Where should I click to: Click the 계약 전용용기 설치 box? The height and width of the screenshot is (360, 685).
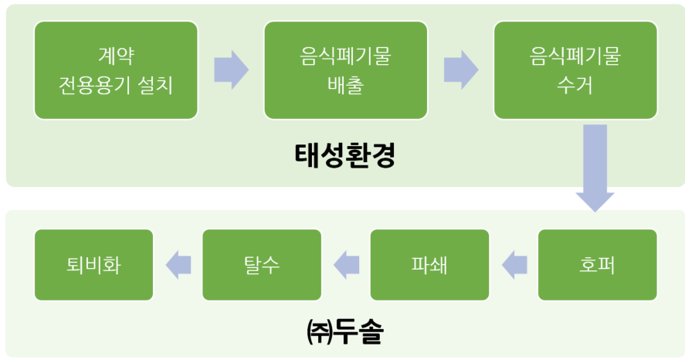pyautogui.click(x=116, y=70)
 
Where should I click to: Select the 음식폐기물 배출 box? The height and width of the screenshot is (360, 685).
pyautogui.click(x=345, y=70)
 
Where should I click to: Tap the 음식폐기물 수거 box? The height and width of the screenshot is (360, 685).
pyautogui.click(x=575, y=70)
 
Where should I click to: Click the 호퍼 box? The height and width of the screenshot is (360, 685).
pyautogui.click(x=597, y=265)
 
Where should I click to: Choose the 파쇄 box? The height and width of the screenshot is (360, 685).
pyautogui.click(x=429, y=265)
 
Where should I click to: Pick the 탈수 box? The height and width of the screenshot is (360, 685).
pyautogui.click(x=262, y=265)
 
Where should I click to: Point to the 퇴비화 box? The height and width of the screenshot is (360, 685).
pyautogui.click(x=93, y=265)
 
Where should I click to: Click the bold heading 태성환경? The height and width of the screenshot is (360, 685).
pyautogui.click(x=345, y=155)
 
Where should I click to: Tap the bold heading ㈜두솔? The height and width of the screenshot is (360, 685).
pyautogui.click(x=345, y=331)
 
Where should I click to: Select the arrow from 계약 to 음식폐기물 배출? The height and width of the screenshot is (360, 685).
pyautogui.click(x=231, y=70)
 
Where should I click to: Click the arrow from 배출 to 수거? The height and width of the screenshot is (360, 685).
pyautogui.click(x=461, y=70)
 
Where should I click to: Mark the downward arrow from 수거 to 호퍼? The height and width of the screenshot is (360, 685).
pyautogui.click(x=595, y=168)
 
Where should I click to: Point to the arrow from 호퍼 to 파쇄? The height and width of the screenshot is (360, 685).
pyautogui.click(x=514, y=265)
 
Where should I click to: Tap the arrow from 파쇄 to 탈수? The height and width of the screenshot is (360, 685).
pyautogui.click(x=347, y=265)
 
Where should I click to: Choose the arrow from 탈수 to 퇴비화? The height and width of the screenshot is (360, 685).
pyautogui.click(x=178, y=265)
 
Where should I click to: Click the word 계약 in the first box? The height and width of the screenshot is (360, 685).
pyautogui.click(x=116, y=56)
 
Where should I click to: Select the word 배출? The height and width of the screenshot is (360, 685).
pyautogui.click(x=345, y=85)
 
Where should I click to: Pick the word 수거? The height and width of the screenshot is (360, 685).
pyautogui.click(x=575, y=85)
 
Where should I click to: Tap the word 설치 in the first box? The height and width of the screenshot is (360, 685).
pyautogui.click(x=155, y=85)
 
